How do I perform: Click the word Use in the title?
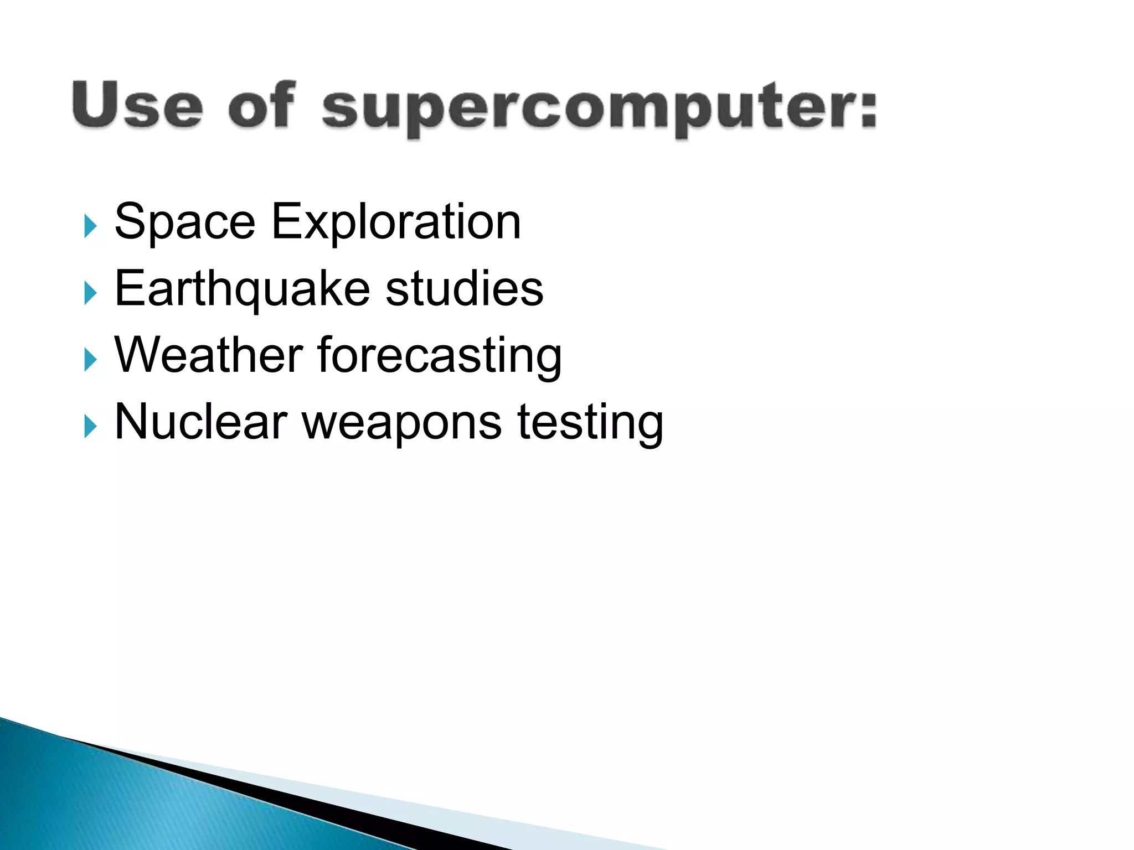[x=137, y=105]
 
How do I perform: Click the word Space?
[x=184, y=222]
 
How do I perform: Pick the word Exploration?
[x=396, y=222]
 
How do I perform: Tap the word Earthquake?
[x=242, y=289]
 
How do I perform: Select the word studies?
[x=464, y=289]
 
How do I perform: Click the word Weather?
[x=208, y=355]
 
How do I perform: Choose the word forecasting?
[x=440, y=356]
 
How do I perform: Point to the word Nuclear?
[x=200, y=422]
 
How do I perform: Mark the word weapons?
[x=401, y=424]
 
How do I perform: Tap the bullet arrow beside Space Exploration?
[x=90, y=227]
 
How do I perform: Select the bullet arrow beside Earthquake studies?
[x=90, y=293]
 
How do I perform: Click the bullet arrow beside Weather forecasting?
[x=90, y=360]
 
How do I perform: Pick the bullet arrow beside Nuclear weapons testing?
[x=90, y=427]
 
